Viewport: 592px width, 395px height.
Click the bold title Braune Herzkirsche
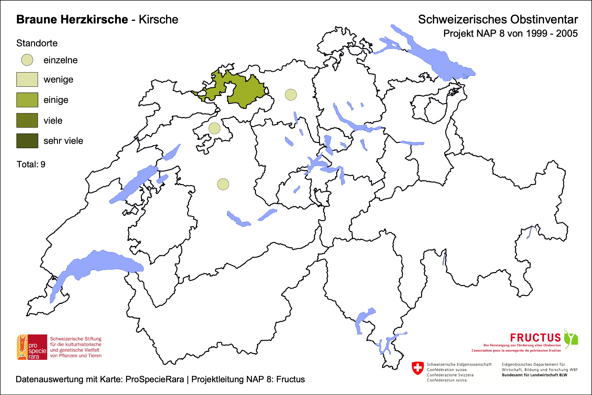pyautogui.click(x=72, y=20)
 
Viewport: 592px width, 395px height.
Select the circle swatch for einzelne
pyautogui.click(x=27, y=60)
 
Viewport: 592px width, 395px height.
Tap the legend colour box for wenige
pyautogui.click(x=27, y=79)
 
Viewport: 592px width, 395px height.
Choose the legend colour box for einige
pyautogui.click(x=27, y=100)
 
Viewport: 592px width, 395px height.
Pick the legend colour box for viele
pyautogui.click(x=27, y=120)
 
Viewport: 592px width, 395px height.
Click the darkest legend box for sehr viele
pyautogui.click(x=27, y=141)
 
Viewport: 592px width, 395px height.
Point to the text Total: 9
pyautogui.click(x=31, y=164)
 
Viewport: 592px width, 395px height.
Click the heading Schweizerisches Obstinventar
pyautogui.click(x=498, y=20)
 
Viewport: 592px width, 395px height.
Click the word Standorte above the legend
pyautogui.click(x=37, y=43)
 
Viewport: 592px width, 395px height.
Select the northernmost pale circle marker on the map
pyautogui.click(x=291, y=95)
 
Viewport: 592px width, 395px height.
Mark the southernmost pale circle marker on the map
pyautogui.click(x=223, y=184)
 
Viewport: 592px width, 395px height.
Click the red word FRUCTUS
pyautogui.click(x=535, y=338)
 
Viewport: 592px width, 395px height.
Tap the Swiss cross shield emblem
pyautogui.click(x=418, y=368)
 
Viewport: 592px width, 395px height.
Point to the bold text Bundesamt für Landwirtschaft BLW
pyautogui.click(x=534, y=375)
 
